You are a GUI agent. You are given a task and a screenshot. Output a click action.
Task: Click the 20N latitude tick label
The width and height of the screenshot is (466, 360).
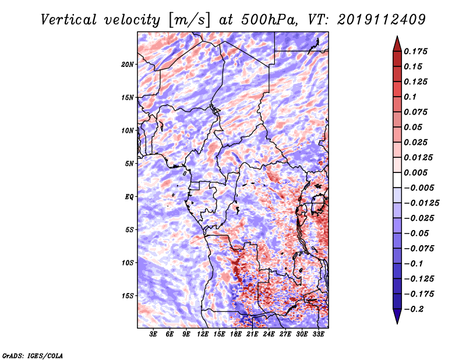click(128, 64)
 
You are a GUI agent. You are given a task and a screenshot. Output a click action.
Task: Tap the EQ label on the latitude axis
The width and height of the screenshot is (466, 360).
click(129, 197)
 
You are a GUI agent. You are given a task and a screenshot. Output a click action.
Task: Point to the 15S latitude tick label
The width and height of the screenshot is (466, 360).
click(128, 296)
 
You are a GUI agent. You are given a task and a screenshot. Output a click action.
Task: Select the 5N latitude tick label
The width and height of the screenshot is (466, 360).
click(129, 164)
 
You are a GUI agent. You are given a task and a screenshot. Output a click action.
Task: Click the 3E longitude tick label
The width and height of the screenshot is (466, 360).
click(153, 334)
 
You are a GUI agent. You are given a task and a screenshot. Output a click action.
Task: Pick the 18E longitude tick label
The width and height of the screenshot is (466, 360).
click(236, 334)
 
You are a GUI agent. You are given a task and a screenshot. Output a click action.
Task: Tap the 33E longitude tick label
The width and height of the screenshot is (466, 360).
click(318, 334)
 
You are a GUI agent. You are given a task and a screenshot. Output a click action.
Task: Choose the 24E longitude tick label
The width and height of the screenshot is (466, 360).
click(269, 334)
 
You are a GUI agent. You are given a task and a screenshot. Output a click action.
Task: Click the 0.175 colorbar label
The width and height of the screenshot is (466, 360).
click(415, 51)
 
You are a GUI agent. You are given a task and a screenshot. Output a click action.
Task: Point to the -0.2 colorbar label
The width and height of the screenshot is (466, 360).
click(414, 309)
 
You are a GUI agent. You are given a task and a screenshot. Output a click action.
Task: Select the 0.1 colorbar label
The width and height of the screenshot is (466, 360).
click(410, 97)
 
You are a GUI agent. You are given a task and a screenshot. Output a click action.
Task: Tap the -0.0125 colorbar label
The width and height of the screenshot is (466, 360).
click(421, 203)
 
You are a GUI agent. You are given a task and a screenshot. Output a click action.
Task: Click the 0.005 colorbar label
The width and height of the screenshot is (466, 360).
click(415, 172)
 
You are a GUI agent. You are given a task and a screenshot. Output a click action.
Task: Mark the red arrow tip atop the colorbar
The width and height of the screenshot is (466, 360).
click(397, 36)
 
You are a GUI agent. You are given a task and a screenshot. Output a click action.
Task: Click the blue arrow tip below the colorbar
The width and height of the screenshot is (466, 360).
click(397, 323)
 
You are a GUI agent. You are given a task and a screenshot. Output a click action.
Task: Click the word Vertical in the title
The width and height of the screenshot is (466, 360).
click(69, 20)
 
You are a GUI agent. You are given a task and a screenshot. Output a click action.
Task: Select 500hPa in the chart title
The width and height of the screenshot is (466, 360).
click(269, 20)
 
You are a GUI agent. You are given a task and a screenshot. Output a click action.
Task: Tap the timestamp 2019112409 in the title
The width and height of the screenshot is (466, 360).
click(382, 20)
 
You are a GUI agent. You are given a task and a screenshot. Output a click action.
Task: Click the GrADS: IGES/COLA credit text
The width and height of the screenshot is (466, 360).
click(33, 355)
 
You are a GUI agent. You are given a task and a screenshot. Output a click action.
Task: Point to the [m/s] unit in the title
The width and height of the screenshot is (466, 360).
click(189, 20)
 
